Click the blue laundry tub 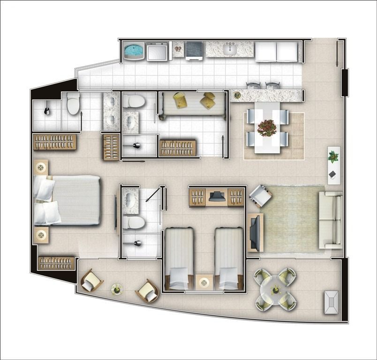tap(135, 51)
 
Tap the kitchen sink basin tap(230, 49)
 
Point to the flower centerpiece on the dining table tap(267, 127)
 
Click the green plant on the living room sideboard tap(333, 156)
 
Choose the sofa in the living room tap(330, 219)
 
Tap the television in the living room tap(253, 232)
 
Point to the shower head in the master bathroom tap(47, 111)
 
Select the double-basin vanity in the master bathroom tap(112, 111)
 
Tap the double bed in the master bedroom tap(68, 200)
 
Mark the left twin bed tap(179, 258)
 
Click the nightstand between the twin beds tap(204, 282)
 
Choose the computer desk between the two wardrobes tap(217, 196)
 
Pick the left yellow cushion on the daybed tap(180, 99)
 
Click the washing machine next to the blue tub tap(158, 51)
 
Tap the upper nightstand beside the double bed tap(41, 166)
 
